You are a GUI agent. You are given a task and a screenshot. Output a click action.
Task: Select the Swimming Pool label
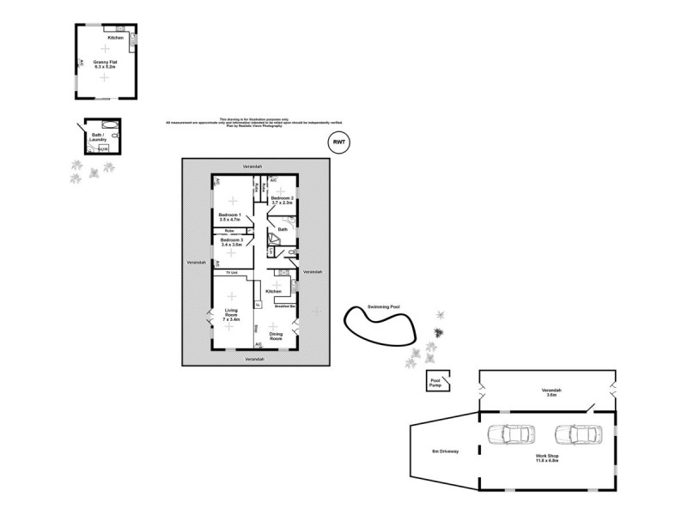383,306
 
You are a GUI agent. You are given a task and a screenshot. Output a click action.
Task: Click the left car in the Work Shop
509,434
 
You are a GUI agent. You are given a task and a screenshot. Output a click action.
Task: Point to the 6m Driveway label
444,451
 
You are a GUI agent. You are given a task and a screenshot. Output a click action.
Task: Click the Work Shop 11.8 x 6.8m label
547,458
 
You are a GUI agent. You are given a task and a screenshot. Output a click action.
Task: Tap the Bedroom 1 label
229,217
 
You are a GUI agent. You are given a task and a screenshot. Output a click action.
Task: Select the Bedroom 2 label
283,201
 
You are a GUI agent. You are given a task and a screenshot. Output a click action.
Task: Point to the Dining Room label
276,336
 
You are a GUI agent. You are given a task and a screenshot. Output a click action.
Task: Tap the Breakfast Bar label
284,305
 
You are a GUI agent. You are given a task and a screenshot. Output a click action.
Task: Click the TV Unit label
230,273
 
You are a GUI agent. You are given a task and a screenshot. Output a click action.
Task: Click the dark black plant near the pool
439,332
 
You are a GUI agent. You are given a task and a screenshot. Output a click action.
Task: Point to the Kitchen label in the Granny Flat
115,39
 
